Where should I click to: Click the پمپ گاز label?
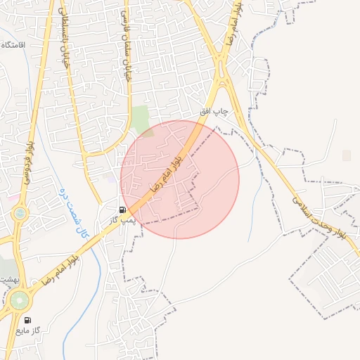121,221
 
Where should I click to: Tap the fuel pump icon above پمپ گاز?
123,210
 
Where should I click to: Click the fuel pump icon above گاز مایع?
27,319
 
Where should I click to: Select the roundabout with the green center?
19,301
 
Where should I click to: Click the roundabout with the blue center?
20,212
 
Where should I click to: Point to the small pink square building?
346,155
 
